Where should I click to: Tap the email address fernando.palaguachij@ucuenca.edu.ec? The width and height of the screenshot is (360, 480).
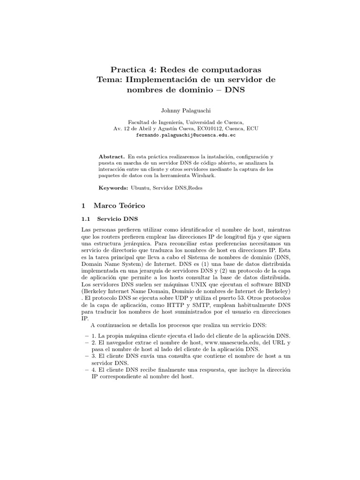[186, 135]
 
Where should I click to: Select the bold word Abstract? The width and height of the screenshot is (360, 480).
[112, 156]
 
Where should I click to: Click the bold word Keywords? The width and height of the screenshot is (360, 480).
[113, 187]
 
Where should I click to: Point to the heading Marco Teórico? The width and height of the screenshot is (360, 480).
[120, 205]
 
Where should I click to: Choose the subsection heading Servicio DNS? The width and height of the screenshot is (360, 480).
[117, 219]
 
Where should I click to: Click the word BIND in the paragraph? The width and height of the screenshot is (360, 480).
[281, 284]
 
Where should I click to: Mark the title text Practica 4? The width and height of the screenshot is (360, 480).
[129, 68]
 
